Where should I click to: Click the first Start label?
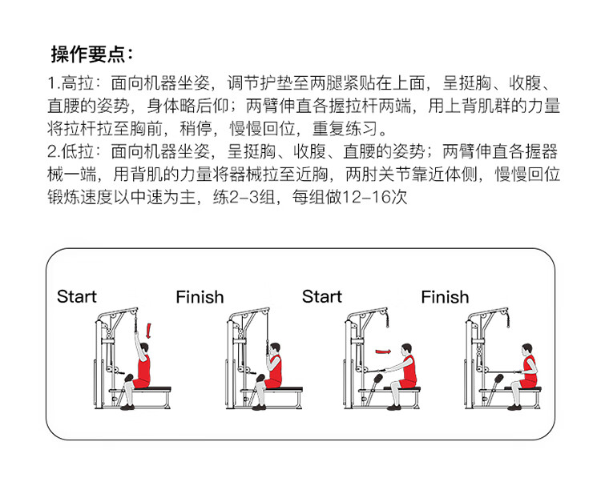(x=76, y=297)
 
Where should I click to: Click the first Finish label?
(x=200, y=297)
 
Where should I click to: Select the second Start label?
(x=322, y=297)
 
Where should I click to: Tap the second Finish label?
(x=445, y=297)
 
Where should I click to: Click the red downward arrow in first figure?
(x=148, y=331)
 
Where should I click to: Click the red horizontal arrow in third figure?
(x=385, y=350)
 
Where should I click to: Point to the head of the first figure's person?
(x=143, y=348)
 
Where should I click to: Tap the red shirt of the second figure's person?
(x=275, y=370)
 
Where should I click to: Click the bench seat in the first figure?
(x=152, y=389)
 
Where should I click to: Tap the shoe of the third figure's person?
(x=393, y=407)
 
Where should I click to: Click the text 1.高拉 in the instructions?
(x=74, y=83)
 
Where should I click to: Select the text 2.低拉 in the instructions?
(x=74, y=151)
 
